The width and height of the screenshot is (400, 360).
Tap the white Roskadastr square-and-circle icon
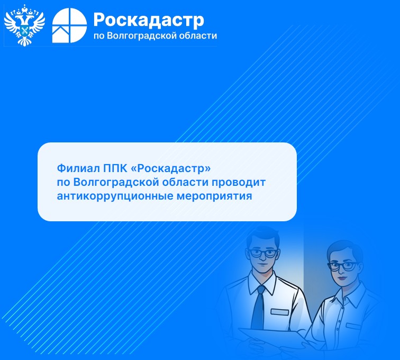(x=69, y=25)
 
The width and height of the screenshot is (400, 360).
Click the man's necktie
(x=258, y=307)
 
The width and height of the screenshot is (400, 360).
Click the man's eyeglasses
(x=262, y=253)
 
